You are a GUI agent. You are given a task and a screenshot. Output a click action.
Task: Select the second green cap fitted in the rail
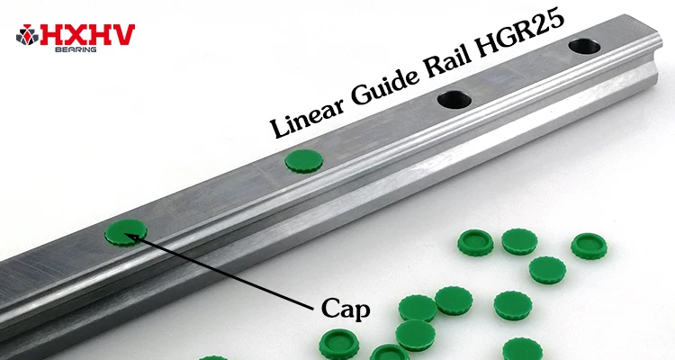[x=303, y=159]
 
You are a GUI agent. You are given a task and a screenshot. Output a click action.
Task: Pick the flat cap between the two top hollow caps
[x=517, y=240]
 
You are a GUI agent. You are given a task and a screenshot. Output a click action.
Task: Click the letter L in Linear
[x=281, y=128]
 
